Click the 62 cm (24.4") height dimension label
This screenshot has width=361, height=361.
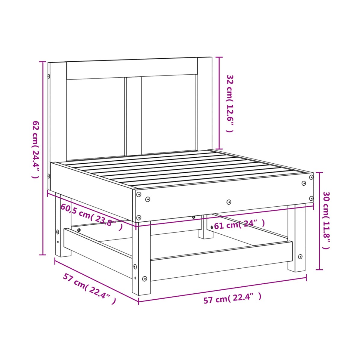[35, 149]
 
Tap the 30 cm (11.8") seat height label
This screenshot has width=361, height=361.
[326, 220]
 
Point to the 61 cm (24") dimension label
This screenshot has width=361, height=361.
[239, 224]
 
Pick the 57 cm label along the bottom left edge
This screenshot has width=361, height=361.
[89, 288]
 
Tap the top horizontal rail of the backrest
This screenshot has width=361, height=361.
[132, 69]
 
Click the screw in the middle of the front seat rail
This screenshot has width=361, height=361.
[229, 202]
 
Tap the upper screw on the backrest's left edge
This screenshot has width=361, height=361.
[49, 76]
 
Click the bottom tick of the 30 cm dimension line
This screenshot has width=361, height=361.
[319, 270]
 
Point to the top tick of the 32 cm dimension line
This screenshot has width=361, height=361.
[219, 57]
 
